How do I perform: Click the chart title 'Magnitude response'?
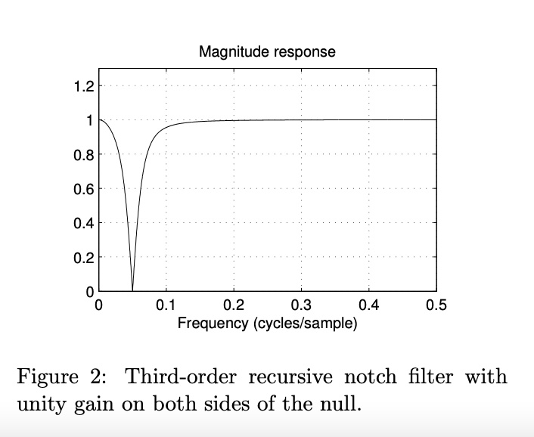267,52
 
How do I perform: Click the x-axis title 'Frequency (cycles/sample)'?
267,324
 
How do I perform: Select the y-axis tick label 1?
88,120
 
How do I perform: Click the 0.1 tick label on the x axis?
166,306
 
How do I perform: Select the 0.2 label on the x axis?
234,306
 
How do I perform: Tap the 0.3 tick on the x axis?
301,306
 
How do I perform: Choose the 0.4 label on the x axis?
369,306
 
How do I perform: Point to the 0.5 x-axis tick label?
436,306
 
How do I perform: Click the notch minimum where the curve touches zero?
132,290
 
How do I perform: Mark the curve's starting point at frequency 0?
99,120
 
